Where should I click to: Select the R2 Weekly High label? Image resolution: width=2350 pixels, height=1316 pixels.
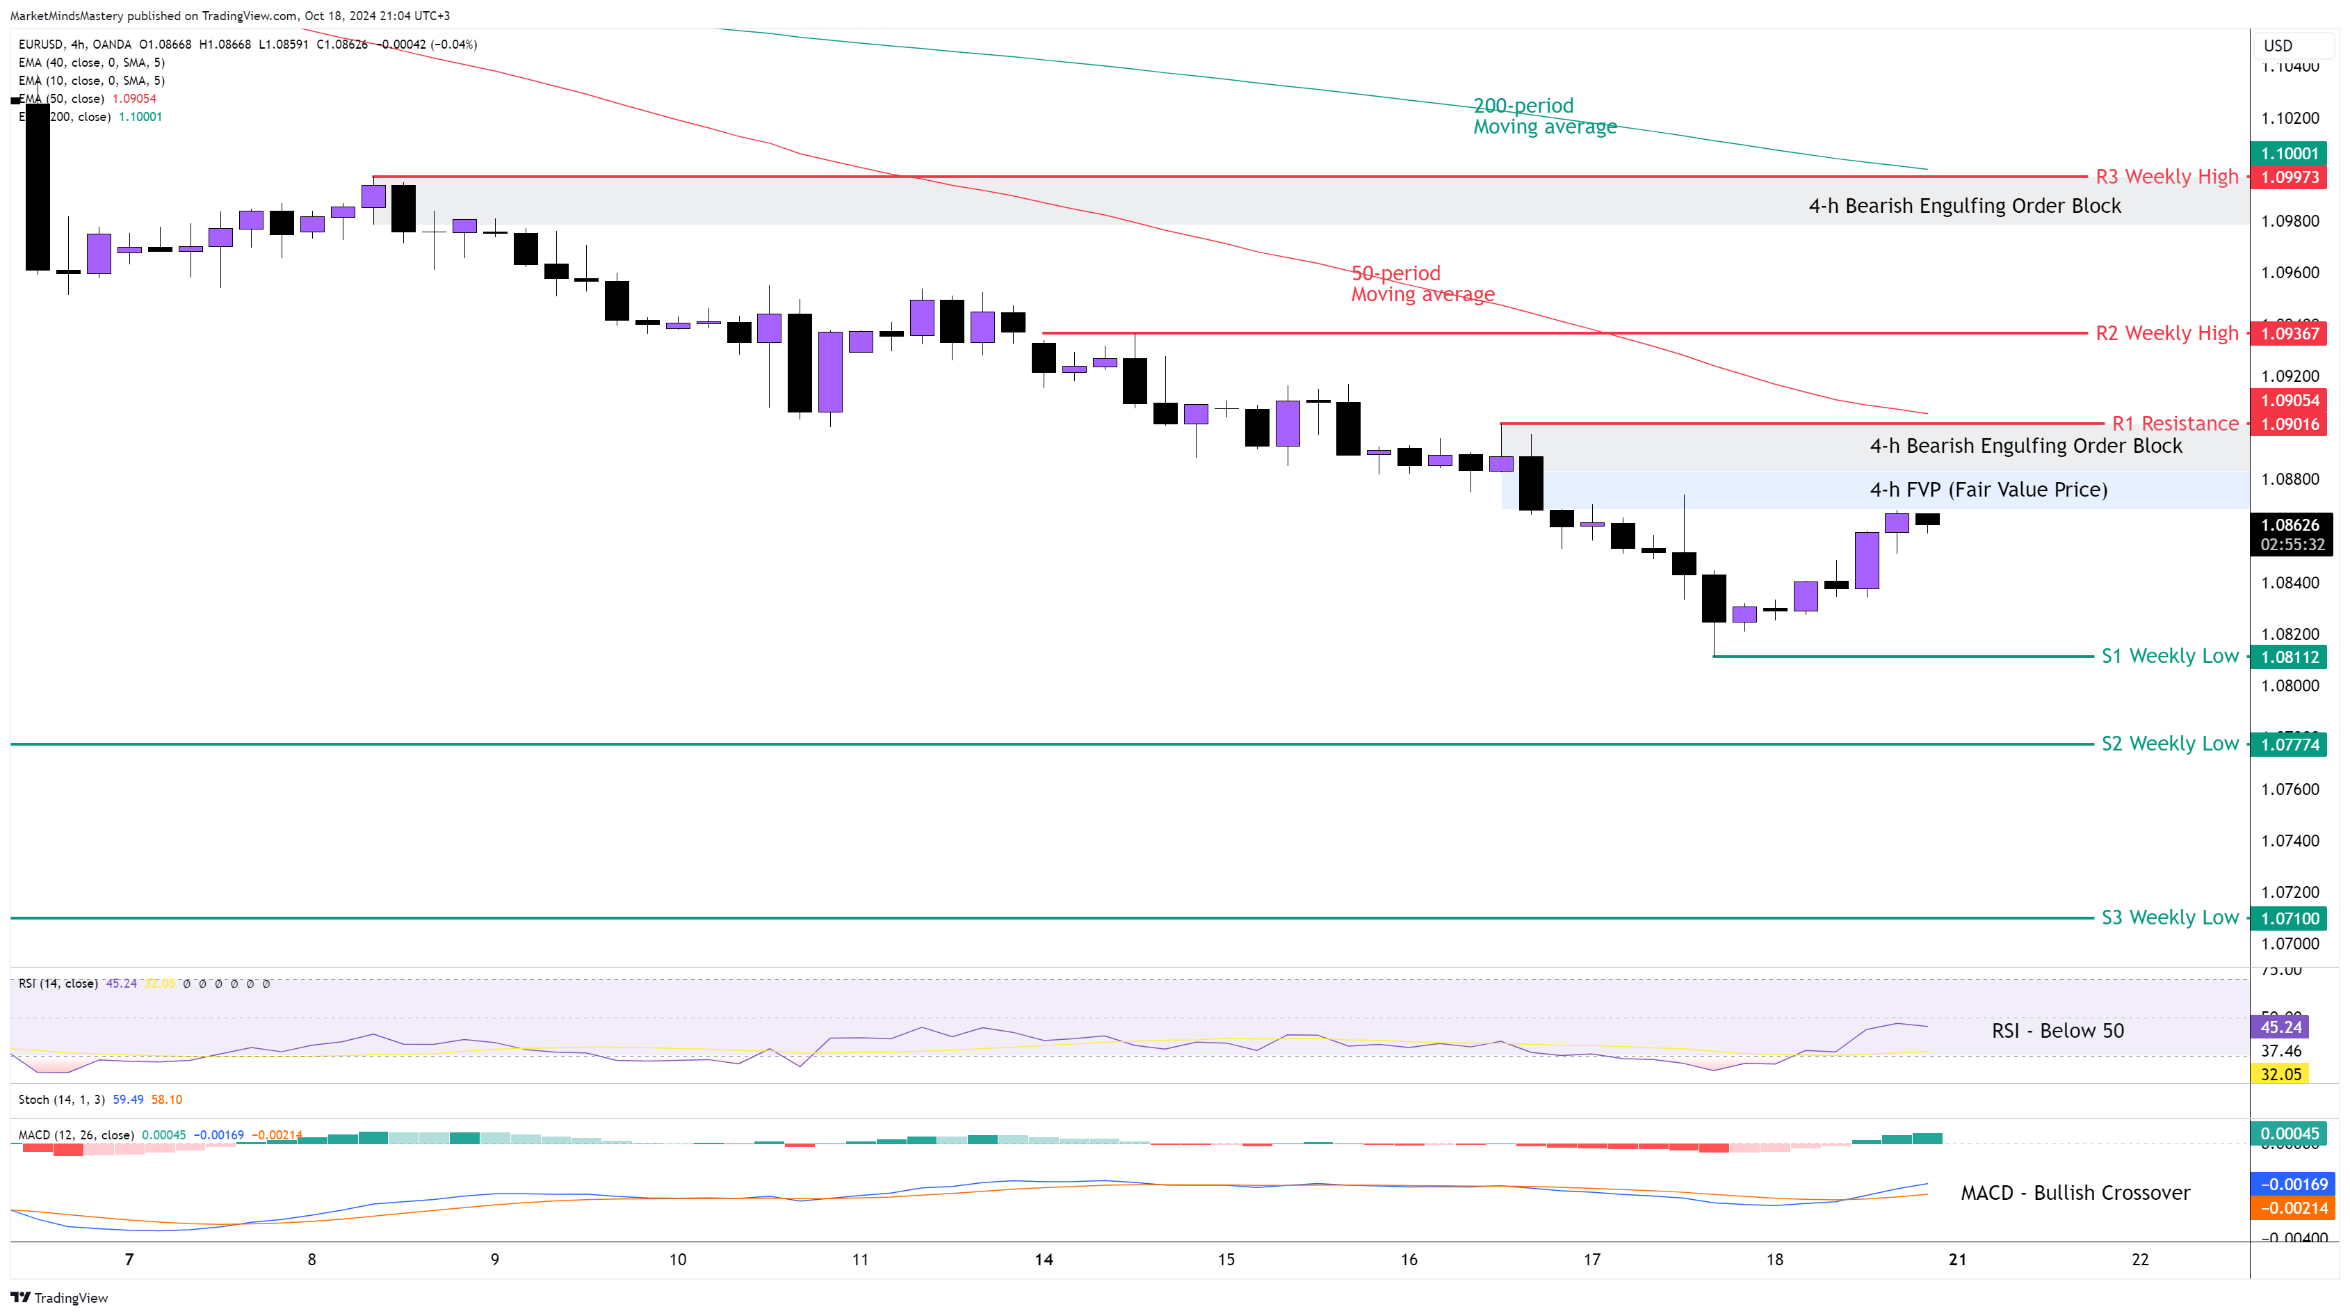(x=2166, y=333)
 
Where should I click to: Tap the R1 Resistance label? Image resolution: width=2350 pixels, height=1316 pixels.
(x=2175, y=424)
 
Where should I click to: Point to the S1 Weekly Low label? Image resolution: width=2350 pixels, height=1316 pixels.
(x=2169, y=656)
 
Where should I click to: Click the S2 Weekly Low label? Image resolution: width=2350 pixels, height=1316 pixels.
(x=2169, y=744)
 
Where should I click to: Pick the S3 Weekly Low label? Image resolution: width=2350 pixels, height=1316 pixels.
(x=2169, y=917)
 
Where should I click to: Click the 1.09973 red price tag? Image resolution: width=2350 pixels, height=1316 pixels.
(x=2289, y=177)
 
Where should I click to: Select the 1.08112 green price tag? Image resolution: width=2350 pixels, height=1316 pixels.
(x=2289, y=657)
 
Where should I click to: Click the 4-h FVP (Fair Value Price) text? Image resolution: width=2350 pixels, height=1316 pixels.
(x=1988, y=490)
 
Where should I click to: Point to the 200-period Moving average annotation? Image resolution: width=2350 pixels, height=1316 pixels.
(x=1544, y=116)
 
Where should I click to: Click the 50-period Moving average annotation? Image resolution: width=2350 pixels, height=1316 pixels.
(x=1423, y=284)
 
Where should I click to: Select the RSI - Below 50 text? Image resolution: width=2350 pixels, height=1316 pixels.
(x=2057, y=1032)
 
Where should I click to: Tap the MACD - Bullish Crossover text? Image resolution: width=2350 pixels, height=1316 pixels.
(x=2075, y=1193)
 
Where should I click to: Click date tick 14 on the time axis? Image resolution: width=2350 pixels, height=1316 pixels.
(x=1044, y=1260)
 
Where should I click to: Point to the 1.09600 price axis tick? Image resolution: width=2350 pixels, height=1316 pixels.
(x=2289, y=273)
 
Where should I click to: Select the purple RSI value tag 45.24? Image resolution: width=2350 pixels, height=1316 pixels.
(x=2280, y=1027)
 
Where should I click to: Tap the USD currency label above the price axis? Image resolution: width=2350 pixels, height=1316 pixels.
(x=2278, y=46)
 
